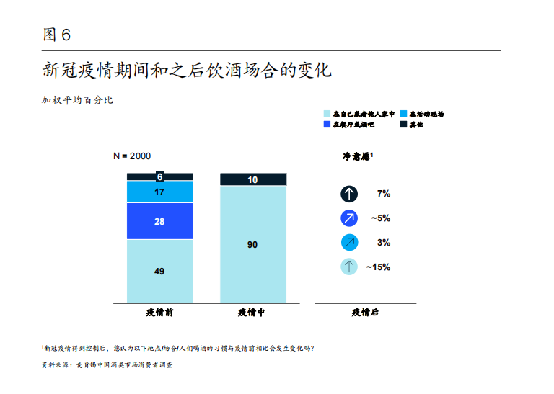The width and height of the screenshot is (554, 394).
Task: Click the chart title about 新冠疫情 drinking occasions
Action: tap(186, 71)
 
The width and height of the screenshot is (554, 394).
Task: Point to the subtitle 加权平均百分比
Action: tap(77, 100)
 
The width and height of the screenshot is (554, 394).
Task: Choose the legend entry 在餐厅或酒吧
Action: tap(352, 125)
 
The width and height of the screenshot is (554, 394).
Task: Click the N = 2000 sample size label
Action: tap(133, 156)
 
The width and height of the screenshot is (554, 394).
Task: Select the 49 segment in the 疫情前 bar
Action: tap(159, 271)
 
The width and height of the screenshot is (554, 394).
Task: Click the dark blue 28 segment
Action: tap(159, 221)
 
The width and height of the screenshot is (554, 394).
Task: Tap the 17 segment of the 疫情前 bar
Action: tap(159, 192)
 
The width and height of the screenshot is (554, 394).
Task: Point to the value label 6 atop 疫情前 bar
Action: tap(159, 176)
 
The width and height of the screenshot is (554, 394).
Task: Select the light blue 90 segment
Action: tap(252, 244)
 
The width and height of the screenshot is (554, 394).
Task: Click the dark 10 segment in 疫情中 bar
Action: tap(252, 179)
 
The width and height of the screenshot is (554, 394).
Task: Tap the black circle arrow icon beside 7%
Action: tap(349, 194)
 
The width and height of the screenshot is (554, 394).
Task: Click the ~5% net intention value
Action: tap(381, 218)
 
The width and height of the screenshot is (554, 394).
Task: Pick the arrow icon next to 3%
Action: tap(349, 243)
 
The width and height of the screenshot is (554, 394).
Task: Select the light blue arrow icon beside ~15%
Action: tap(349, 267)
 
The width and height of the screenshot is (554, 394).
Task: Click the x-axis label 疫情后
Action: tap(365, 313)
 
